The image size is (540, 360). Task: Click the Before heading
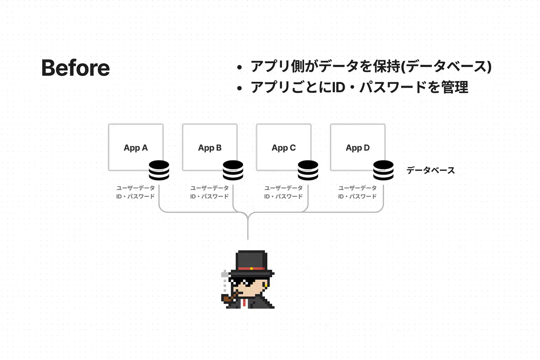tap(76, 68)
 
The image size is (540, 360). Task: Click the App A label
tap(136, 148)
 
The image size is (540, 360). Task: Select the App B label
tap(210, 148)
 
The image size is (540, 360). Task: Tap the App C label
tap(283, 148)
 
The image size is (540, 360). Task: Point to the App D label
tap(358, 148)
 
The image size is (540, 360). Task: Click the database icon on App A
tap(159, 170)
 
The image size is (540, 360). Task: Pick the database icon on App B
tap(233, 170)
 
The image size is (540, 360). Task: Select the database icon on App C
tap(308, 170)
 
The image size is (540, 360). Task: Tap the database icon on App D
tap(383, 170)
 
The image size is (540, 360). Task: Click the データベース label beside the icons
tap(430, 171)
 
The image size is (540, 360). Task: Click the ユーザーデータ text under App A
tap(136, 188)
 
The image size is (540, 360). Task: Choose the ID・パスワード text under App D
tap(358, 196)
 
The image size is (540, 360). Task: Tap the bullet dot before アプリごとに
tap(240, 88)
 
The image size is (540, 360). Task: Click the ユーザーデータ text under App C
tap(283, 188)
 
